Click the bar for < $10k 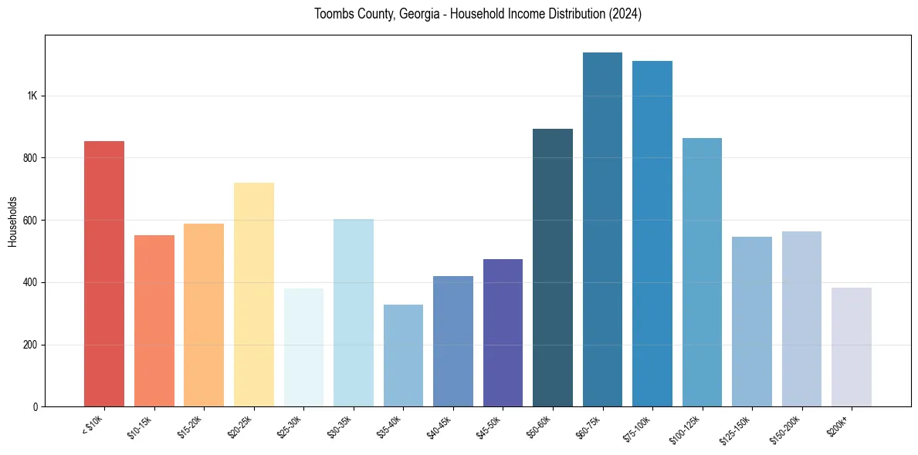(x=104, y=274)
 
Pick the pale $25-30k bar (x=303, y=347)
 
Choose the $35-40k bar (x=403, y=356)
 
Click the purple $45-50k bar (x=503, y=332)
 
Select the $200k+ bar (x=851, y=347)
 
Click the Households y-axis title (x=12, y=221)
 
